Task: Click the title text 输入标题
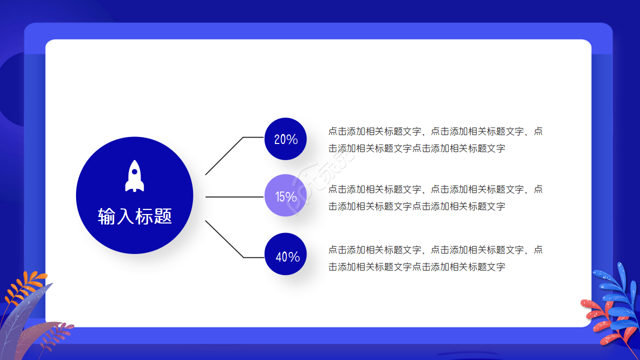click(135, 216)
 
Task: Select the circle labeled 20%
click(285, 139)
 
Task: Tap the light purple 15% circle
click(285, 196)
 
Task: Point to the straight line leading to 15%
click(234, 197)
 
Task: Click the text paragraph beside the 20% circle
click(435, 139)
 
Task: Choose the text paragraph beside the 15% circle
click(435, 197)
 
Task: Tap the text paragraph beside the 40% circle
click(435, 258)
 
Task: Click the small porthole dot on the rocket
click(134, 172)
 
